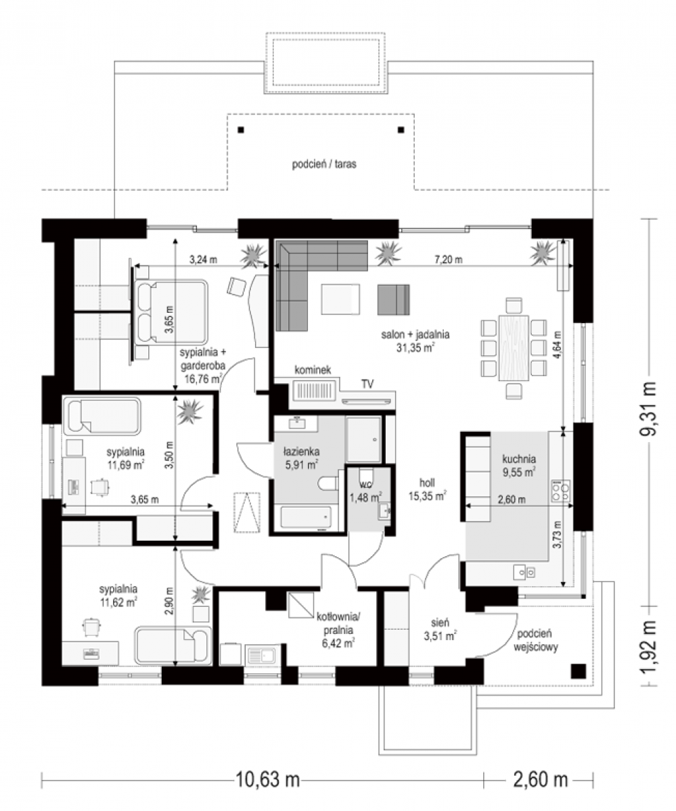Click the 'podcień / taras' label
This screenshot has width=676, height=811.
point(324,164)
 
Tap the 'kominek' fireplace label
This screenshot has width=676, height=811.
point(313,370)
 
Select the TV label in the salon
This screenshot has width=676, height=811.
point(367,384)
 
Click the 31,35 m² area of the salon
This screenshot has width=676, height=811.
point(415,347)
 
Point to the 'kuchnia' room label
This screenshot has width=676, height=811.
point(519,459)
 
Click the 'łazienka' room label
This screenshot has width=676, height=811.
point(301,451)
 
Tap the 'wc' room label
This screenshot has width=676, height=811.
point(366,485)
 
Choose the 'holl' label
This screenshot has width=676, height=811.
point(427,483)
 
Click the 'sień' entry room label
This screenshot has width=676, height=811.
point(440,622)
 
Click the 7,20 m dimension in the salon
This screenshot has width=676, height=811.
point(448,260)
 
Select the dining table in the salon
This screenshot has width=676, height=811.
point(513,347)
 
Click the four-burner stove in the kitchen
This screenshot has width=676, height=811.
point(560,491)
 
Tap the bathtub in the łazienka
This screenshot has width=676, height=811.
point(306,518)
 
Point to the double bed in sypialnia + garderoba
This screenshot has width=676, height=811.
point(171,312)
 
